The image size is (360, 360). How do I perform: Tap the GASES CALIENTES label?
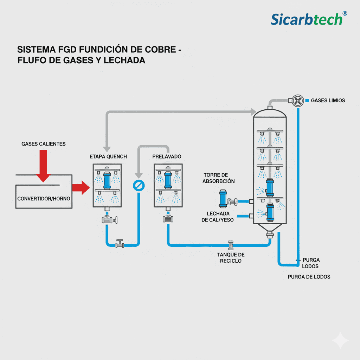pos(44,144)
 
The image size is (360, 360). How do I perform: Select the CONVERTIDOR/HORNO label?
pos(44,199)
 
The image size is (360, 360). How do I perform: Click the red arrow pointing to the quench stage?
pos(81,187)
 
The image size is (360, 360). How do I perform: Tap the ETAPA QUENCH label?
pos(108,156)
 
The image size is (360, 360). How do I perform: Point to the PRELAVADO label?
pos(167,156)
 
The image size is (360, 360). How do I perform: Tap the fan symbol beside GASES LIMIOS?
pos(298,101)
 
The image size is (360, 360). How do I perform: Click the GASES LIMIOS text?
pos(328,101)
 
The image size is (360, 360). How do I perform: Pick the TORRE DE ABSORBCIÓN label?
pos(218,178)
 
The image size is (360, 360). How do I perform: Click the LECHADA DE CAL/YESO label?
pos(218,217)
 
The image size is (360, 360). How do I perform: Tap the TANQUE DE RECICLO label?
pos(231,258)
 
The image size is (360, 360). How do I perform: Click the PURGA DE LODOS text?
pos(309,277)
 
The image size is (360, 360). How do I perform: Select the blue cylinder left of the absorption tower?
pos(223,199)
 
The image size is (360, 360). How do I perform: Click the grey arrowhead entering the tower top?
pos(253,112)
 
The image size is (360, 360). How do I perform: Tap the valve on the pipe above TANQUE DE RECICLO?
pos(231,244)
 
